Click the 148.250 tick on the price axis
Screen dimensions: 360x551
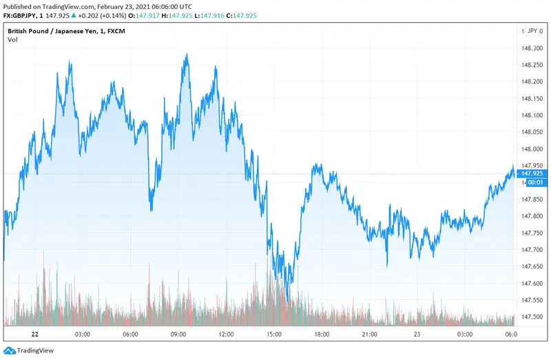[532, 65]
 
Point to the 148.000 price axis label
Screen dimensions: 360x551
[532, 149]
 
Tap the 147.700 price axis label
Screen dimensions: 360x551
[532, 249]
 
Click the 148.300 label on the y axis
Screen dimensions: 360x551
[532, 48]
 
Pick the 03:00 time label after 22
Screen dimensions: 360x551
[83, 334]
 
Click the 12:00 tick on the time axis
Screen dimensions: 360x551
[226, 334]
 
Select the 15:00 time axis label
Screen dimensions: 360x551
[273, 334]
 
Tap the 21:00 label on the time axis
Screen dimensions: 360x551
[369, 334]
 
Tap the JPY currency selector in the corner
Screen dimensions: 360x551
[532, 31]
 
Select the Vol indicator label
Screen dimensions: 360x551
[12, 40]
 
